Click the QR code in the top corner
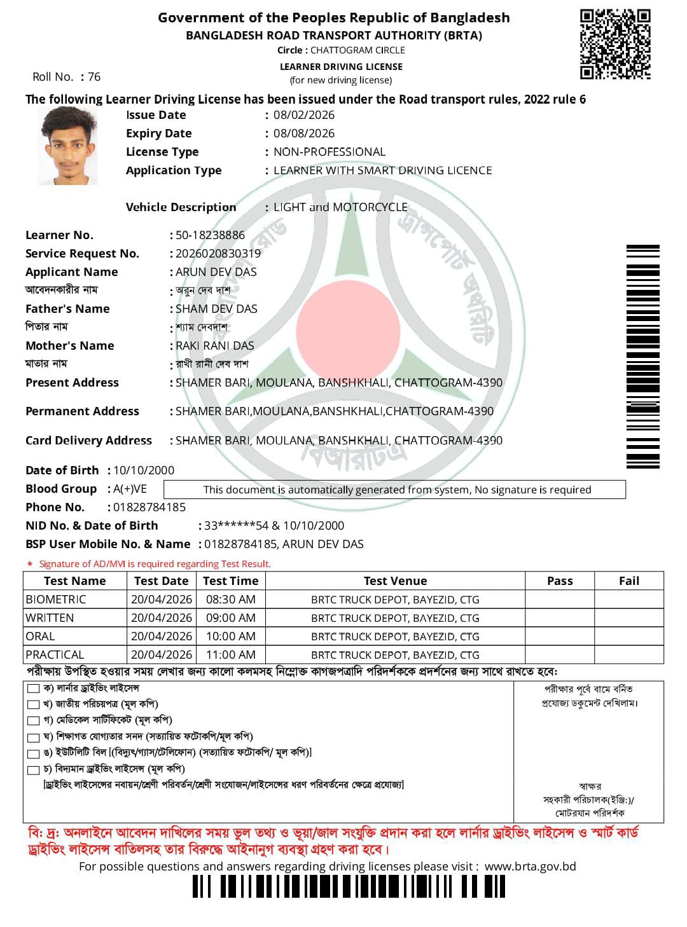coord(615,44)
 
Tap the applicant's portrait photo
coord(67,146)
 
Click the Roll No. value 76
coord(94,77)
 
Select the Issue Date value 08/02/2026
coord(303,115)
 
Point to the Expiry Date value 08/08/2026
coord(303,134)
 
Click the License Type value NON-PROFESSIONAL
coord(329,152)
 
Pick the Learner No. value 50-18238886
coord(210,235)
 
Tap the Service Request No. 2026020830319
coord(218,254)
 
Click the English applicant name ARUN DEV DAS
coord(216,272)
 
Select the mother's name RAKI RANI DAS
coord(214,346)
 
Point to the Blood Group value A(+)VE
coord(130,489)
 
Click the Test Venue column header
coord(395,581)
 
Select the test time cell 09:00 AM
coord(230,618)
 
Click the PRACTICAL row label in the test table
coord(55,655)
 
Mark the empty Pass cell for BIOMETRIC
coord(560,600)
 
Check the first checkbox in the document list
coord(34,689)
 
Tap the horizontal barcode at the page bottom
coord(349,886)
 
